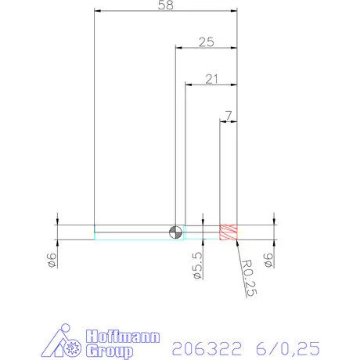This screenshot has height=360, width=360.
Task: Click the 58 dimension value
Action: point(165,5)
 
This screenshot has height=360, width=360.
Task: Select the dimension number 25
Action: point(206,42)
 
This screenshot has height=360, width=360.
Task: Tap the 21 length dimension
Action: point(211,78)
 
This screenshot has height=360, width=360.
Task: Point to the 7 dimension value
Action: point(228,115)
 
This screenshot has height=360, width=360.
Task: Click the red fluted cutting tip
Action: point(229,232)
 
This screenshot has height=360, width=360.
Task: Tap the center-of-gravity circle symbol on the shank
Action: point(175,232)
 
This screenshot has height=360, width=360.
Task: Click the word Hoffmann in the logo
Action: point(122,337)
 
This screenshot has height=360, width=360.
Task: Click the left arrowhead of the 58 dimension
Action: point(97,12)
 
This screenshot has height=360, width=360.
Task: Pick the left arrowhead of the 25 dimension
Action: point(178,49)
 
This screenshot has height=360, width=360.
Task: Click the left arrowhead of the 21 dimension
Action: point(189,85)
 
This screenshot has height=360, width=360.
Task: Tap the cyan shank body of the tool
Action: point(133,232)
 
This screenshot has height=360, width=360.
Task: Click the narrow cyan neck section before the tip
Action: point(201,232)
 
